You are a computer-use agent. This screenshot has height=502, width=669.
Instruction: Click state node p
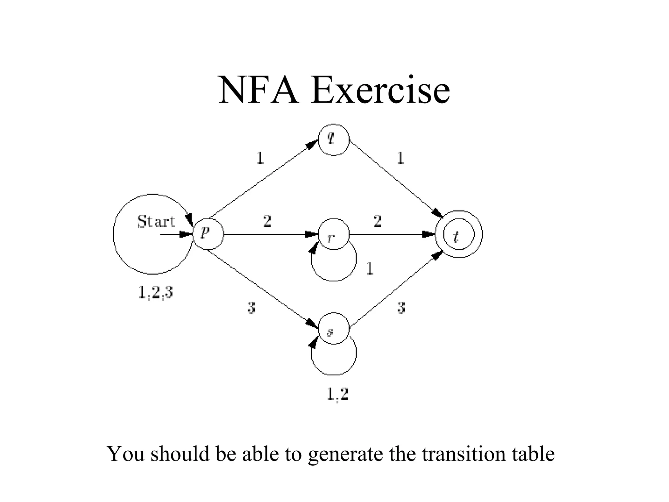208,234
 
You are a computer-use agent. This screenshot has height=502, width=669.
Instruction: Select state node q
334,140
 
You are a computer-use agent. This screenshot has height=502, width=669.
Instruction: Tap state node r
334,234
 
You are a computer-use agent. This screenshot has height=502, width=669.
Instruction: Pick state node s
334,328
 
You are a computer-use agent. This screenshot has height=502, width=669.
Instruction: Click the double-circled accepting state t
459,234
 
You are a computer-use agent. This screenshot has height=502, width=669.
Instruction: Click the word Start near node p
156,222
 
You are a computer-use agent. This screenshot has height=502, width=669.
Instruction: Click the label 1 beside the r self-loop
369,269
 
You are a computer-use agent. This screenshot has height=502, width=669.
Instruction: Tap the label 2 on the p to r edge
267,221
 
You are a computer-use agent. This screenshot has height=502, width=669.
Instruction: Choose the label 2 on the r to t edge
377,221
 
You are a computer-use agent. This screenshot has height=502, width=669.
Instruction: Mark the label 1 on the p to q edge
260,159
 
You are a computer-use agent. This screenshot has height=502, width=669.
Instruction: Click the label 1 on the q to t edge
400,159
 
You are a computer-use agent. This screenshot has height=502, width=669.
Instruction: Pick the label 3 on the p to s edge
251,308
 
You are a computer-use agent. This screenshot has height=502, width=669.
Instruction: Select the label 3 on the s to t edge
401,308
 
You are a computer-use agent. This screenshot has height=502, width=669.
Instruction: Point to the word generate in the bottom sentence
345,454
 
